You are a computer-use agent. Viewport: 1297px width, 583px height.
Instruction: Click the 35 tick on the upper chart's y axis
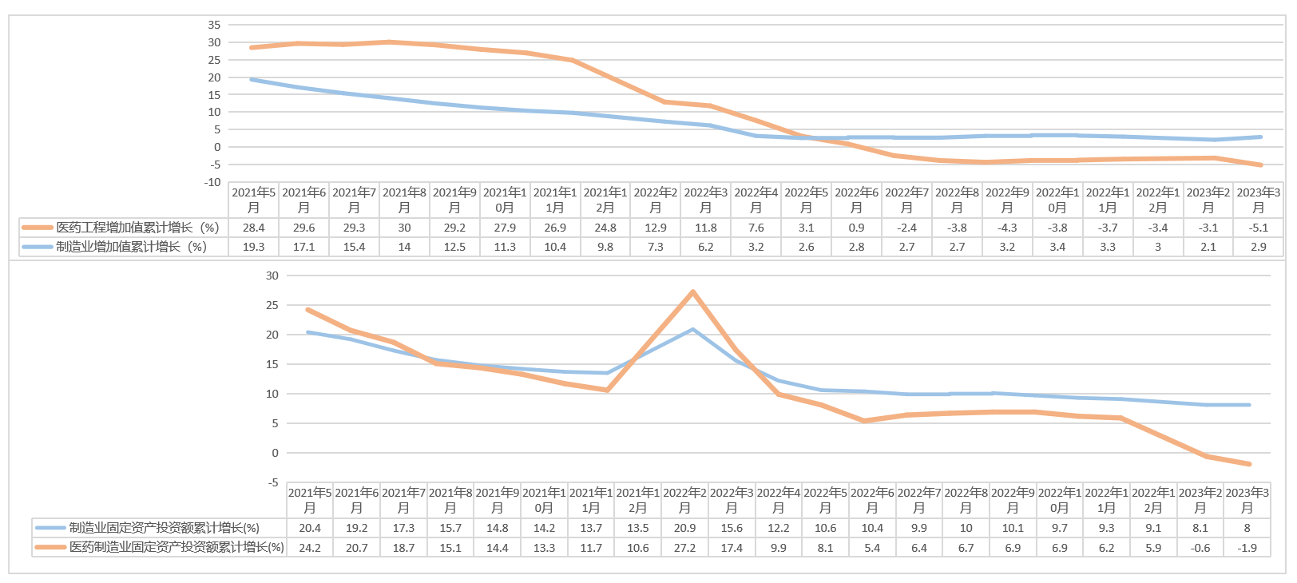click(214, 25)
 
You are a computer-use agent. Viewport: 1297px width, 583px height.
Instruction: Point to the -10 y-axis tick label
click(212, 182)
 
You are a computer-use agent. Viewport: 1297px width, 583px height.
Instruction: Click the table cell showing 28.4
click(254, 228)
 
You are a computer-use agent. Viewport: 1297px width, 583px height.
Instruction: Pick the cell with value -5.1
click(1259, 228)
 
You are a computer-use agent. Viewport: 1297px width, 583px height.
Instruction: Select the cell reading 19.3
click(254, 247)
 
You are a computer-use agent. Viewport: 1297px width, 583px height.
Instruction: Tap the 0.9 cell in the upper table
click(856, 228)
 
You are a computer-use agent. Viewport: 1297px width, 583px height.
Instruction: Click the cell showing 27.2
click(684, 548)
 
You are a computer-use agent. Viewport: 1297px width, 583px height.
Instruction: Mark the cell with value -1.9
click(1247, 548)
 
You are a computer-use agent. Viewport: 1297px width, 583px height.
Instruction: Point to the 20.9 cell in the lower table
click(684, 528)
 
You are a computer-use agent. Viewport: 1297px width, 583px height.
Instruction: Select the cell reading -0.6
click(1200, 548)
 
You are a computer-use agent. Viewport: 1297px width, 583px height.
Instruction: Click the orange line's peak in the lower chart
click(692, 292)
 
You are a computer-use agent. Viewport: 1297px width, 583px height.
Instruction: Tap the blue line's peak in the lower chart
click(692, 329)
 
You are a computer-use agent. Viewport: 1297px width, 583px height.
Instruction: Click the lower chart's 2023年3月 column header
click(1247, 500)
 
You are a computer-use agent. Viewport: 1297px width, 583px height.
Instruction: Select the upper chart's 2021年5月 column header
click(254, 200)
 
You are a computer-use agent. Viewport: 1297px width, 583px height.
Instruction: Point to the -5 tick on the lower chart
click(272, 482)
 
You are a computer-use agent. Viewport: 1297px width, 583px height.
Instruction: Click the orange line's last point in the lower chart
click(1249, 464)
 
